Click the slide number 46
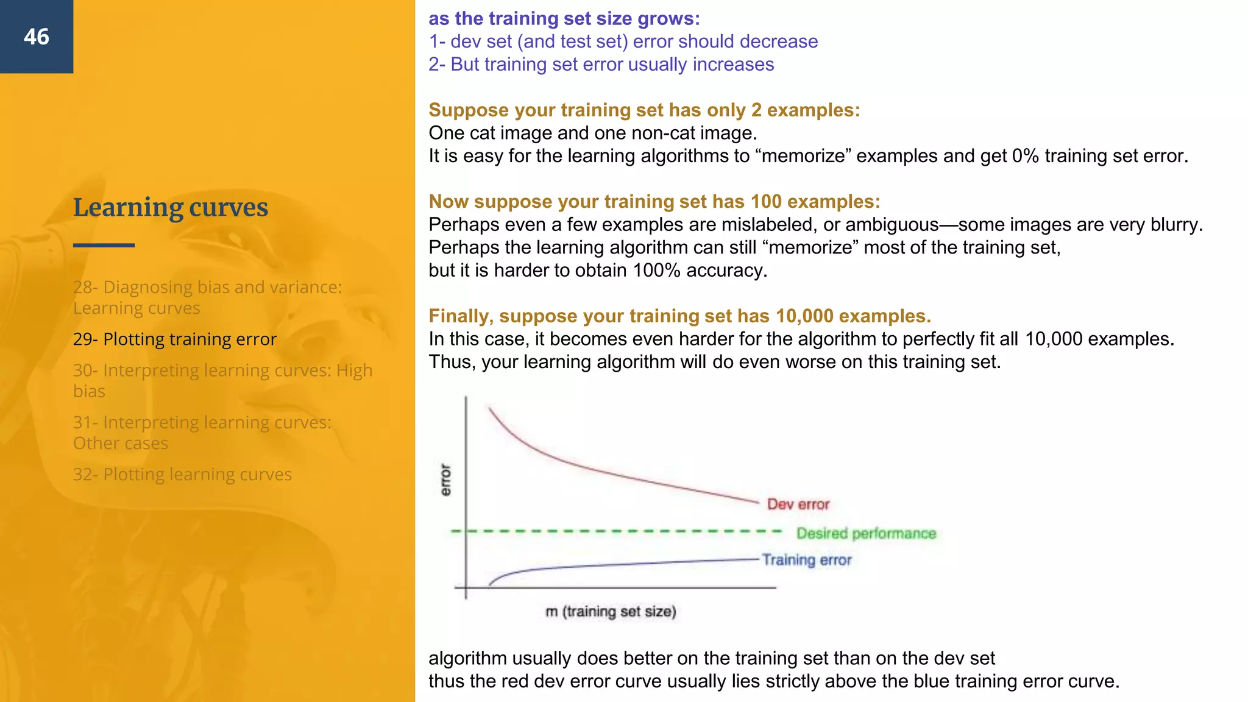tap(37, 37)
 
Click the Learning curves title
tap(171, 208)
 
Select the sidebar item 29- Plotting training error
tap(175, 339)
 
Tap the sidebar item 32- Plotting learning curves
tap(182, 475)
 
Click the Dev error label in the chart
tap(798, 505)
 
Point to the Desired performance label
tap(866, 534)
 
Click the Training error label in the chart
tap(807, 560)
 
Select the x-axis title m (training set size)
tap(611, 612)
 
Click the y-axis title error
tap(446, 480)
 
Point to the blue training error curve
tap(609, 565)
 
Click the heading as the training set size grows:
tap(564, 19)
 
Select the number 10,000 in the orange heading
tap(804, 316)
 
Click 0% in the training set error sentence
tap(1025, 156)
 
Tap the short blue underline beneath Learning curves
tap(104, 245)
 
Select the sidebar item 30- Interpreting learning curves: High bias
tap(222, 381)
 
